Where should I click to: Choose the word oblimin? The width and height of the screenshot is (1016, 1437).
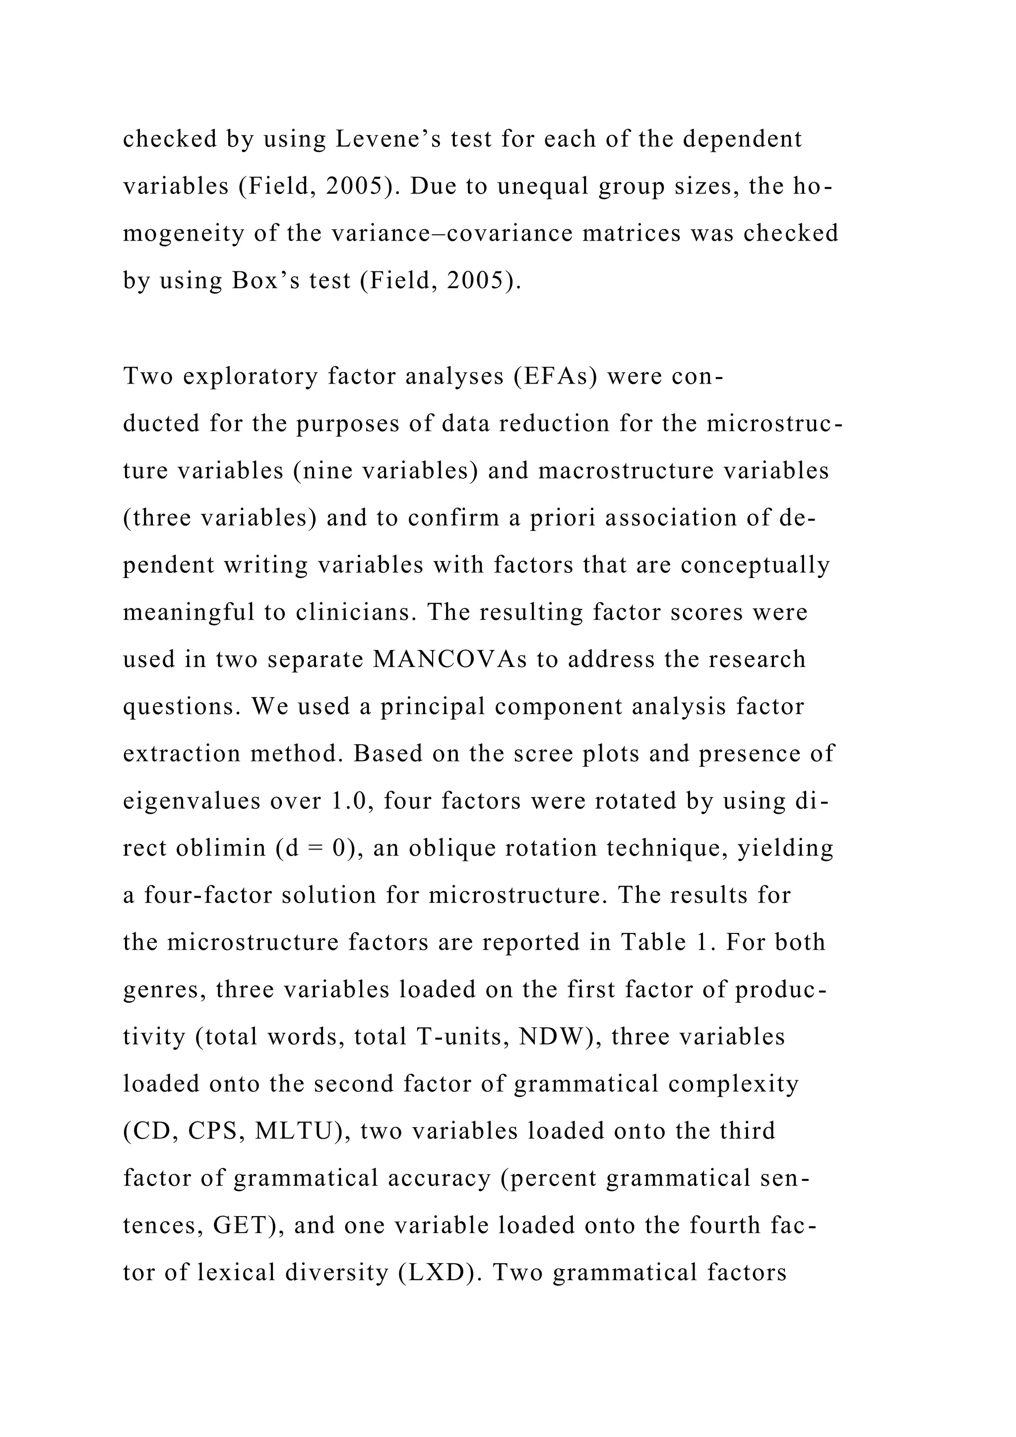coord(221,848)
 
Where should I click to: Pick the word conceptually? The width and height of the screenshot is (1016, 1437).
coord(755,565)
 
